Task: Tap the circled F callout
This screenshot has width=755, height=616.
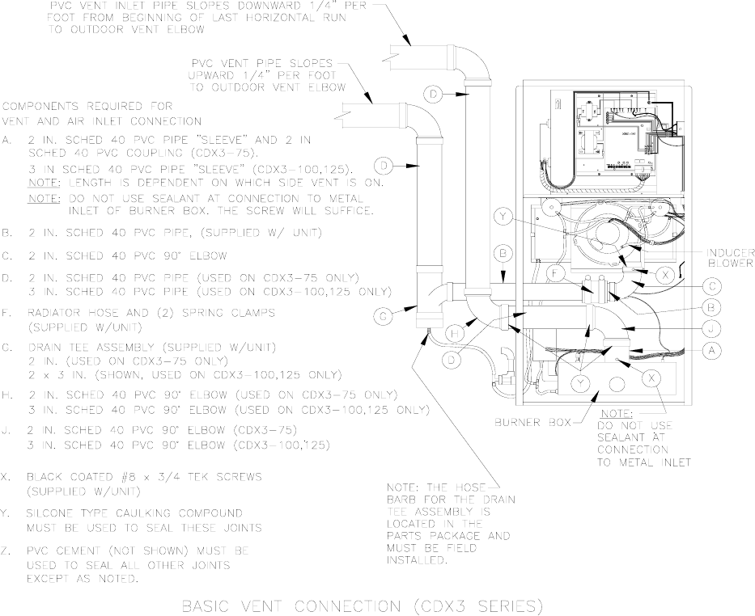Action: (x=554, y=273)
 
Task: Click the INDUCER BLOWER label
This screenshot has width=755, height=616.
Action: (x=729, y=257)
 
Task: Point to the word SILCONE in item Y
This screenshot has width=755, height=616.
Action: (x=53, y=513)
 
